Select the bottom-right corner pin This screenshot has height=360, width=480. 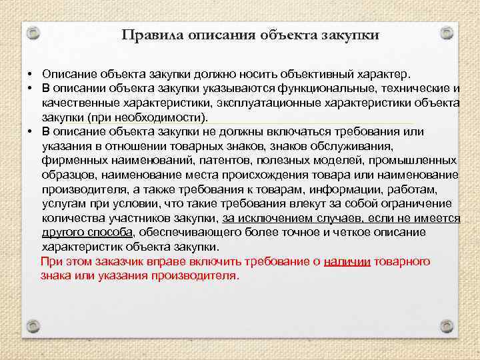pos(447,326)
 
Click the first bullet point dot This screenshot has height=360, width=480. pos(31,73)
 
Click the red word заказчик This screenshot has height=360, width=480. pos(111,261)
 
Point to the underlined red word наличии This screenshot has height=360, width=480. pos(347,261)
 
